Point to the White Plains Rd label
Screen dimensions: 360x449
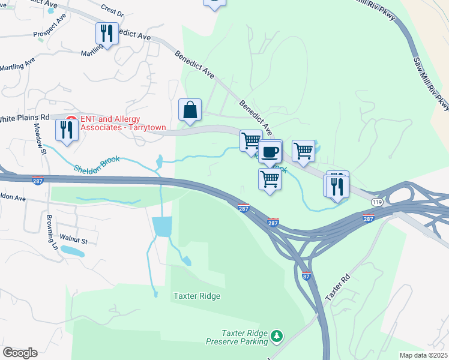(24, 118)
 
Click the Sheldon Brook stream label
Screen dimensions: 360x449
(97, 164)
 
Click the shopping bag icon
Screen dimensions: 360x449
(190, 110)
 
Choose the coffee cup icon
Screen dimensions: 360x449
(271, 151)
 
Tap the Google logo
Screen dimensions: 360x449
(20, 352)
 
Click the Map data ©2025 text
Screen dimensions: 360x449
(423, 355)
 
